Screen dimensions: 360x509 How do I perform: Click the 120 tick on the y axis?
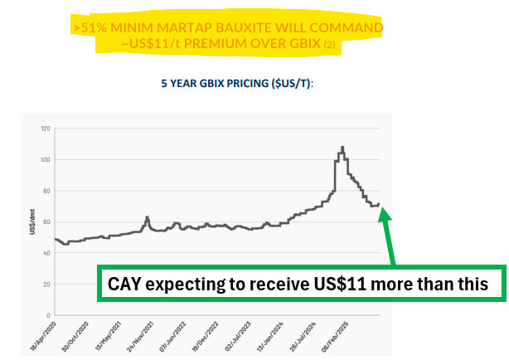[x=45, y=129]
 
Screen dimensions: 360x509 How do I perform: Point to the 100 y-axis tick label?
[x=45, y=159]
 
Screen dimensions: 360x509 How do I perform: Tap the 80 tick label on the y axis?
[x=46, y=191]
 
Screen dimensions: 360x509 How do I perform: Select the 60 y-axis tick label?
[x=46, y=222]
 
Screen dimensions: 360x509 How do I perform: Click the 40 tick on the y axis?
[x=46, y=253]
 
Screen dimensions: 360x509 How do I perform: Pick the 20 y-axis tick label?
[x=46, y=285]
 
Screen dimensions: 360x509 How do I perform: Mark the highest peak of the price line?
[x=342, y=147]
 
